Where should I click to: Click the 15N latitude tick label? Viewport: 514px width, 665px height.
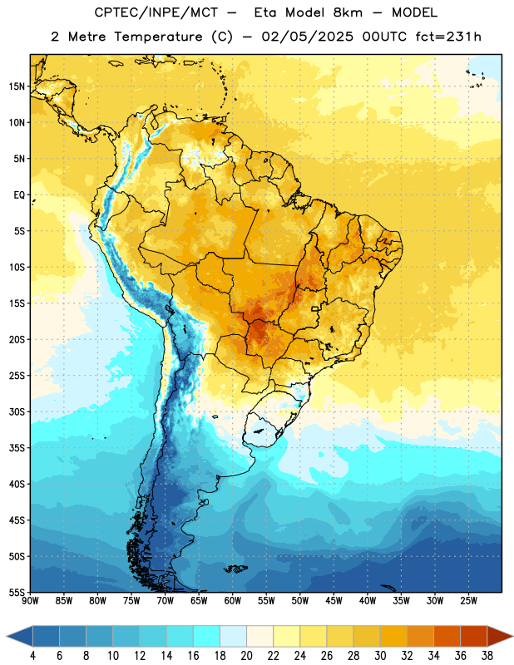(17, 86)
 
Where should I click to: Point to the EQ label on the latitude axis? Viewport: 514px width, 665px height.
(19, 195)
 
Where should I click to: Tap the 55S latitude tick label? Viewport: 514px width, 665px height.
(17, 592)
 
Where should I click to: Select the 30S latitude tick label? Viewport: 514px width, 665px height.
(17, 411)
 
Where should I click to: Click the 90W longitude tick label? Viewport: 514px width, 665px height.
(30, 601)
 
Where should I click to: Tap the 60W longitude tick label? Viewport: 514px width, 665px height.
(233, 601)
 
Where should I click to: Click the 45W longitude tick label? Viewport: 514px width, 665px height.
(334, 601)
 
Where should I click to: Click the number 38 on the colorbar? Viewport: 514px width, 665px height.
(487, 656)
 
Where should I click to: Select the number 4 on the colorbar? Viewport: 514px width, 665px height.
(32, 656)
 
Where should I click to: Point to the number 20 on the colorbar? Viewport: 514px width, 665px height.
(246, 656)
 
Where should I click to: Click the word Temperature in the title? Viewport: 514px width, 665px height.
(158, 37)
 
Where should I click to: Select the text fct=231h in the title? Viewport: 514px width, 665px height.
(448, 37)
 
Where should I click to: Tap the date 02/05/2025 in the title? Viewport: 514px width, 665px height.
(307, 37)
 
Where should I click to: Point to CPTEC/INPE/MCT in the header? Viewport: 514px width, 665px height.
(156, 12)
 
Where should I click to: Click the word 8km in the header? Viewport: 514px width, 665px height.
(348, 12)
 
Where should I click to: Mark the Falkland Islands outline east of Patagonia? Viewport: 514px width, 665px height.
(235, 569)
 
